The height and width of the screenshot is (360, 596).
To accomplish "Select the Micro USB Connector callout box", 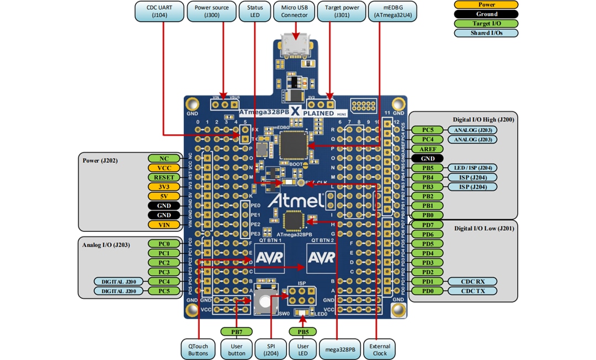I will click(294, 12).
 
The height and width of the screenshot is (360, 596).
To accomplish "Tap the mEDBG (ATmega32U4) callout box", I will click(392, 12).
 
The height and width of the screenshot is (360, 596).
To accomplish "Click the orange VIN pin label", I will click(164, 225).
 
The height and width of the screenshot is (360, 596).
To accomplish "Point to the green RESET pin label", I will click(164, 177).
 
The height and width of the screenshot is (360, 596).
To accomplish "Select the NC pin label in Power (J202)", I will click(164, 158).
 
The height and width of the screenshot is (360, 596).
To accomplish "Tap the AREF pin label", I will click(428, 149).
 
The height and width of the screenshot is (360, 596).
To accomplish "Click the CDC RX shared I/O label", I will click(472, 281).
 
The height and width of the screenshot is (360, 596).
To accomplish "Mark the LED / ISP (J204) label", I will click(472, 167).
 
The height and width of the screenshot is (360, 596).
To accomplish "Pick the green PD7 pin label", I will click(428, 225).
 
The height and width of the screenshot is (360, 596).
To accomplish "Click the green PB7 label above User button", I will click(236, 332).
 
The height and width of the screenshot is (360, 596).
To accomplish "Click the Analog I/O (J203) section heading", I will click(106, 245).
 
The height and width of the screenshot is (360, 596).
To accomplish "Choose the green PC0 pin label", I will click(164, 243).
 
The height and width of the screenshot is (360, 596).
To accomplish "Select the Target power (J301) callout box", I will click(342, 12).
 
